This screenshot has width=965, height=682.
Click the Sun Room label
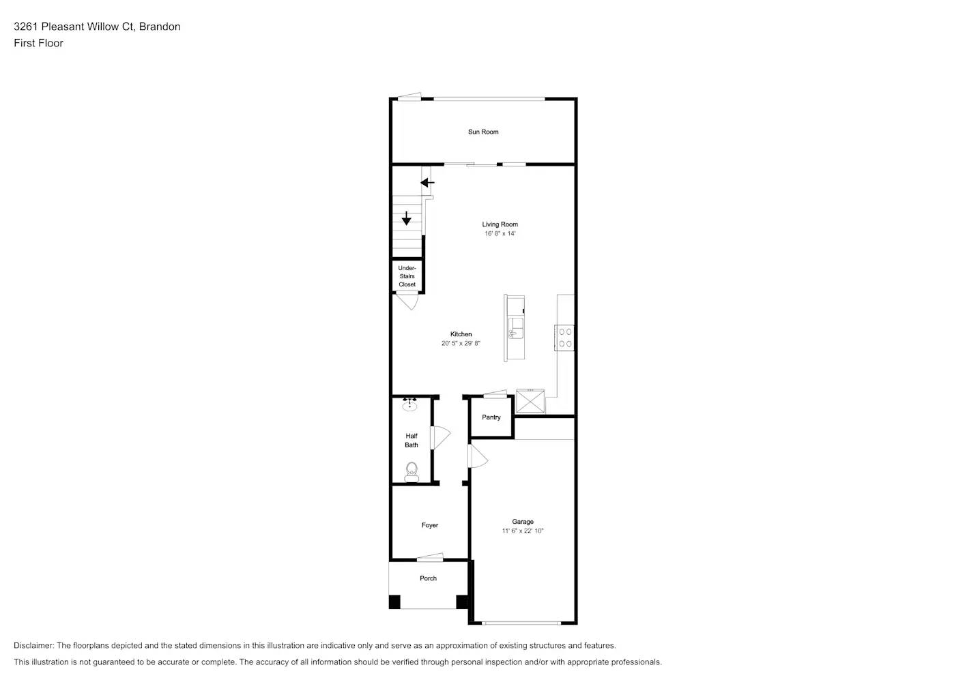pos(483,132)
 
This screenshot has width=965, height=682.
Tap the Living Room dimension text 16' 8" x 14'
pos(500,233)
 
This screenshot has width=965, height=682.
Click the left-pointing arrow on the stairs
pos(427,183)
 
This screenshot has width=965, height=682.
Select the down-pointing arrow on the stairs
pos(407,219)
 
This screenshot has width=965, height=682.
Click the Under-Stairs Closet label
pos(407,276)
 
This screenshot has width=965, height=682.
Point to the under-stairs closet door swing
pos(408,301)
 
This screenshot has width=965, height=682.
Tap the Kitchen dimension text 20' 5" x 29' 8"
pos(461,343)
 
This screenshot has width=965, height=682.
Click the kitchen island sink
pos(515,328)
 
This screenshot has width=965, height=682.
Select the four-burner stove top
pos(565,338)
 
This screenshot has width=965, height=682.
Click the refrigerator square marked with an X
pos(530,401)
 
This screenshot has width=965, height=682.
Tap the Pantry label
pos(491,417)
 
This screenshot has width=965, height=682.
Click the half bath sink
pos(409,405)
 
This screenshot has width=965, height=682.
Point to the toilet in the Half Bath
pos(412,471)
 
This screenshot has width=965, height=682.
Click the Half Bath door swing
pos(440,437)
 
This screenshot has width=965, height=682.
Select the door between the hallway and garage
pos(477,456)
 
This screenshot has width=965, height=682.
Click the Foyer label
pos(430,525)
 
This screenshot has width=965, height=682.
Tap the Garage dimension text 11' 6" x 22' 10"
pos(523,531)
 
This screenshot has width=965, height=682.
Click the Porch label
pos(428,578)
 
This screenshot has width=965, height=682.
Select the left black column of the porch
pos(394,602)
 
